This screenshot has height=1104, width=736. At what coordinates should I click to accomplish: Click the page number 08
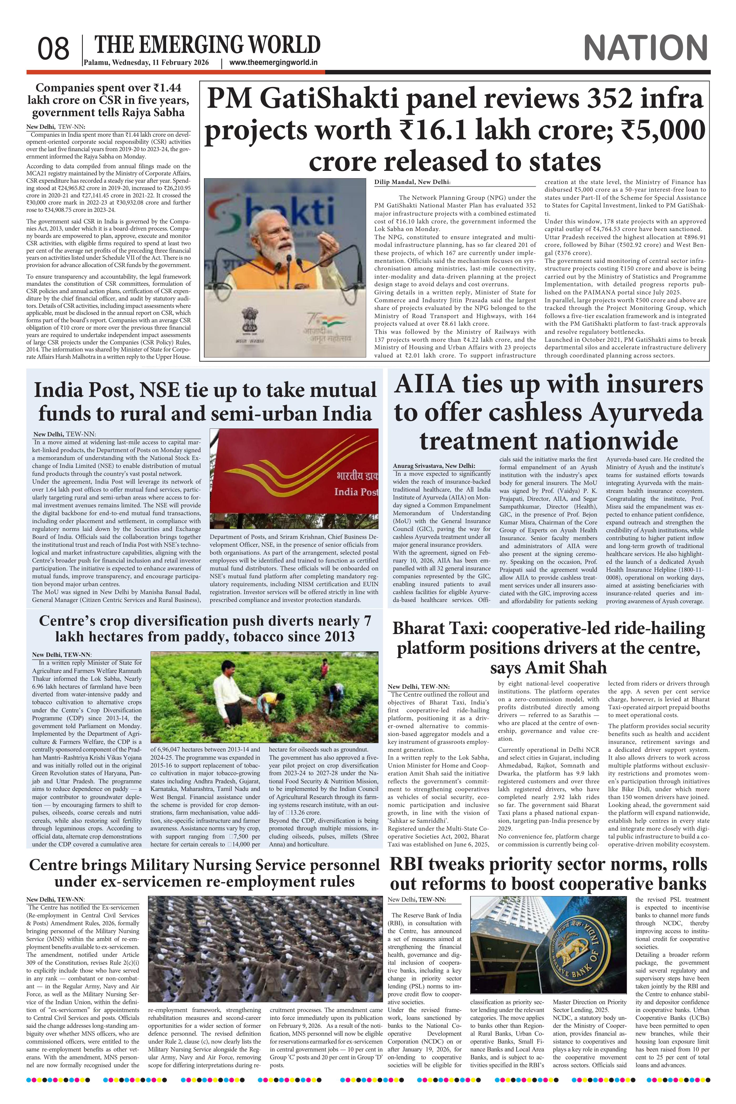54,49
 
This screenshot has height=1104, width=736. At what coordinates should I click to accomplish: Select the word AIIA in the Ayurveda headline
424,384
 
